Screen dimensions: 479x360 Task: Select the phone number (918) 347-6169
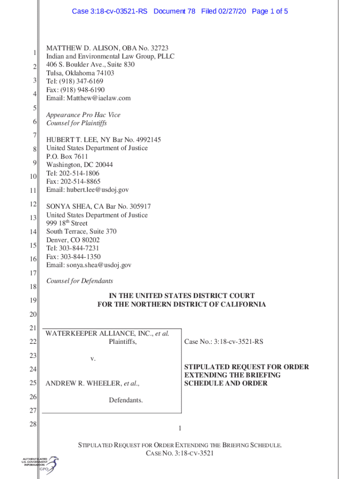click(80, 81)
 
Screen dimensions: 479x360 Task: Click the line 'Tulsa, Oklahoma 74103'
click(80, 73)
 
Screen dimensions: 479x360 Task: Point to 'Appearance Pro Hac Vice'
click(83, 115)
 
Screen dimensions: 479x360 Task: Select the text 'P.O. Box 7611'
click(67, 156)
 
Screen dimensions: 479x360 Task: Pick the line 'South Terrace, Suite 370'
click(81, 232)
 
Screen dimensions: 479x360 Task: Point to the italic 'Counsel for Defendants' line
click(79, 281)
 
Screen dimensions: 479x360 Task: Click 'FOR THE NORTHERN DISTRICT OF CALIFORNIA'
click(181, 305)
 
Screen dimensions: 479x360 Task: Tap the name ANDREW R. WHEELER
click(83, 384)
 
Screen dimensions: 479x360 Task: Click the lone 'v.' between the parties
click(93, 359)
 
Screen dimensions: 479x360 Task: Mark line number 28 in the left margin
click(33, 425)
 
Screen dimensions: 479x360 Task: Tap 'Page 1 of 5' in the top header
click(270, 11)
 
